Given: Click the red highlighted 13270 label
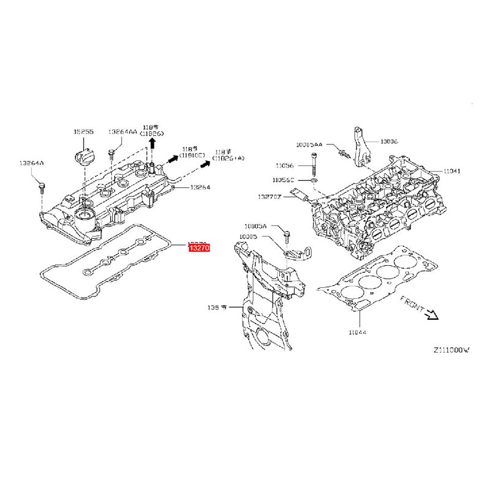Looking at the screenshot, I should click(x=199, y=248).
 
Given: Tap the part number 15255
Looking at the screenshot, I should click(x=83, y=132).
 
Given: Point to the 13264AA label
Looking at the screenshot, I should click(x=123, y=132).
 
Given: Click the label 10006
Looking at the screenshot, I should click(x=389, y=141).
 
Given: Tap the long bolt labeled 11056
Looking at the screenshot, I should click(x=314, y=166).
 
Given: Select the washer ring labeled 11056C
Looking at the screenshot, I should click(x=314, y=181).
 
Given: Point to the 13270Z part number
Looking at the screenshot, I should click(x=269, y=197).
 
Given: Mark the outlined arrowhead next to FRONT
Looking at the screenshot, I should click(x=432, y=315).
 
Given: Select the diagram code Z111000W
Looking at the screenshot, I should click(x=451, y=350).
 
